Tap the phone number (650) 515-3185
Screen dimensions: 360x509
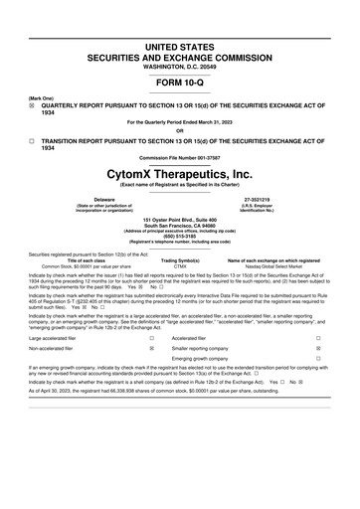coord(180,237)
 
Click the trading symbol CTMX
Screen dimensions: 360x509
coord(180,267)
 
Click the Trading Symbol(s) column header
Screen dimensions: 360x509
coord(180,261)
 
